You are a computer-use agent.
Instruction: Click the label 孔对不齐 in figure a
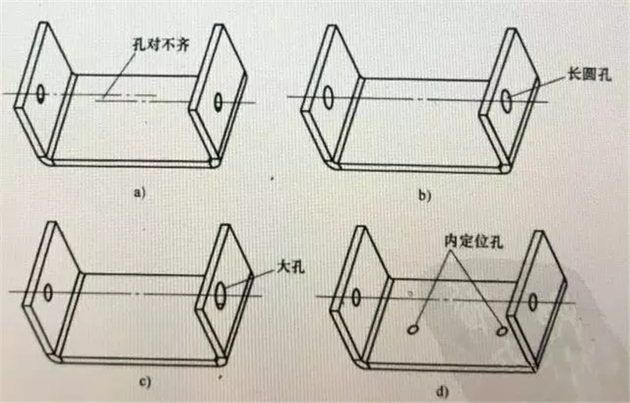(x=161, y=44)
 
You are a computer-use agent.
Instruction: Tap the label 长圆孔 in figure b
(x=589, y=74)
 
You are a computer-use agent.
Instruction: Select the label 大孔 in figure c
(x=291, y=267)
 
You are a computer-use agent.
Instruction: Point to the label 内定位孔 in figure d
(x=474, y=241)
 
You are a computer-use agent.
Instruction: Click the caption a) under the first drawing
(x=139, y=192)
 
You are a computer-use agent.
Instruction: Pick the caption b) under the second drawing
(x=424, y=195)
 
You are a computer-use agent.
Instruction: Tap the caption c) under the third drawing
(x=144, y=381)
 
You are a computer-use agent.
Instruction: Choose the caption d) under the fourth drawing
(x=443, y=390)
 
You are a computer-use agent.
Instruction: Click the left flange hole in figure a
(x=40, y=93)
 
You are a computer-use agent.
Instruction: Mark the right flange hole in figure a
(x=218, y=102)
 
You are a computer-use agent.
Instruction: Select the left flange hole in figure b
(x=328, y=97)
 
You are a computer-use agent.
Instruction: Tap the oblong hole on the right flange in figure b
(x=507, y=101)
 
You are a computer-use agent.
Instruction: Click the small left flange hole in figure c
(x=48, y=292)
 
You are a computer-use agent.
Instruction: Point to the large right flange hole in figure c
(x=220, y=295)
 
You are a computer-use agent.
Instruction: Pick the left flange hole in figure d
(x=355, y=297)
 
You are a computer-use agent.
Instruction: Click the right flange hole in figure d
(x=533, y=302)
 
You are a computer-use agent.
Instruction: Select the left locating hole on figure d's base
(x=412, y=330)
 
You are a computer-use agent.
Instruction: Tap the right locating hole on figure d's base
(x=501, y=331)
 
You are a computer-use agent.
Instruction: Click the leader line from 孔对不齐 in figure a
(x=118, y=74)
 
